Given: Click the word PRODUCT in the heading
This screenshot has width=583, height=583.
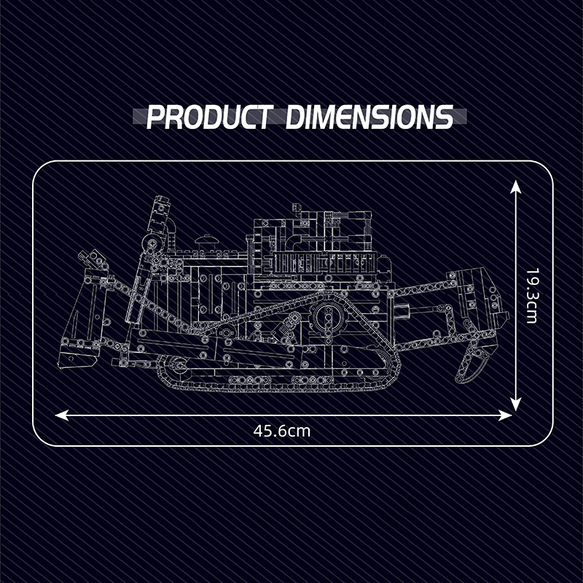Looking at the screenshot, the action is [208, 117].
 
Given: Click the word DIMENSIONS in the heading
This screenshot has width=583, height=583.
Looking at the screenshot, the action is [370, 117].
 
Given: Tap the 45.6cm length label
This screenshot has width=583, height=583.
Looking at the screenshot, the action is [282, 431].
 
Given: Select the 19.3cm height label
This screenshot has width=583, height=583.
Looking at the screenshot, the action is [532, 296].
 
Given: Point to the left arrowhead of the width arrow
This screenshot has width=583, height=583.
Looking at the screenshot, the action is [62, 415].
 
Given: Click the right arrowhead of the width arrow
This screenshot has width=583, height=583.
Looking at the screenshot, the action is [505, 415].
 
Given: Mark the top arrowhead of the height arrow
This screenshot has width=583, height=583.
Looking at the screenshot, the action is [515, 187].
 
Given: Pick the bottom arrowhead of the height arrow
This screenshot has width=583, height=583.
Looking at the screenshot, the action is [515, 404].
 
